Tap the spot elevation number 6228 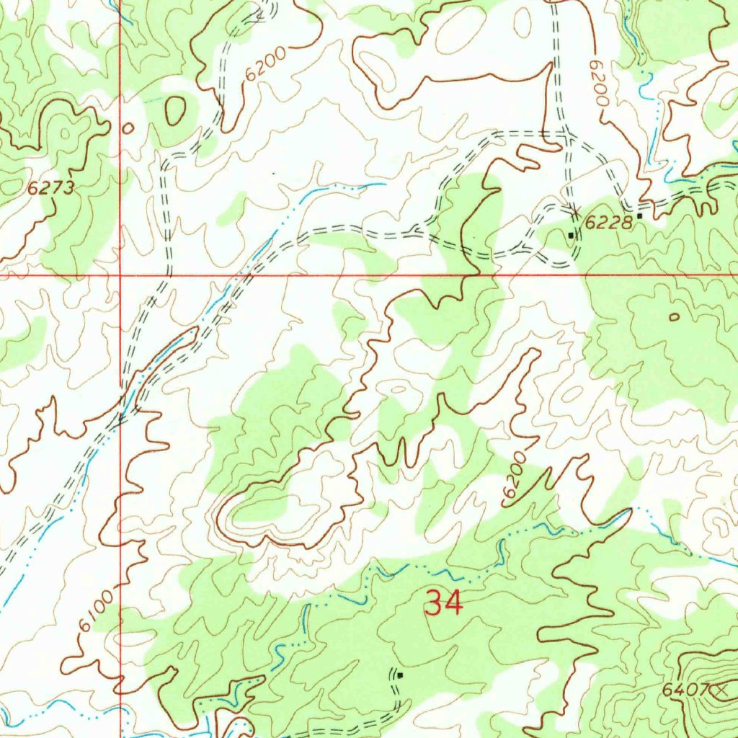click(608, 223)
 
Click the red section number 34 click(443, 603)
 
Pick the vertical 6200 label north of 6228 click(598, 84)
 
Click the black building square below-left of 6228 click(572, 235)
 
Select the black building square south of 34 click(399, 675)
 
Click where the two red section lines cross click(120, 275)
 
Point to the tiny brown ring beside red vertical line click(128, 128)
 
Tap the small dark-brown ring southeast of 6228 click(674, 316)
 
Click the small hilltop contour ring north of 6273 click(67, 133)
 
